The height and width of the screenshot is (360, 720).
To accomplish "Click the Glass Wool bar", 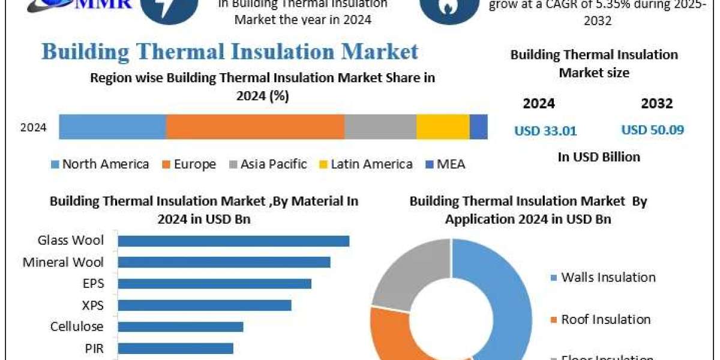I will coord(233,241).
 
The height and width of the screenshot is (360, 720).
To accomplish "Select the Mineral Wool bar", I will coord(224,262).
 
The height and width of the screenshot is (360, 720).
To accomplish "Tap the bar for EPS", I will coord(214,284).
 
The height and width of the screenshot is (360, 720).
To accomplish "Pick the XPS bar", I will coord(204,305).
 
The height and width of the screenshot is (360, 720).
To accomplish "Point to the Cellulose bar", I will coord(180,327).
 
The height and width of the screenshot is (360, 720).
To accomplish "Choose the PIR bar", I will coord(175,349).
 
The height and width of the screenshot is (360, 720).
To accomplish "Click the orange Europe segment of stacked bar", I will coord(255,127).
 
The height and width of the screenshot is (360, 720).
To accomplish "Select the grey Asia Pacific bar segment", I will coord(380,127).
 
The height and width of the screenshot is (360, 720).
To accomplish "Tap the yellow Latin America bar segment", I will coord(443,127).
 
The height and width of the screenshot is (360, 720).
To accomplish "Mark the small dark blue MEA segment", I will coord(478,127).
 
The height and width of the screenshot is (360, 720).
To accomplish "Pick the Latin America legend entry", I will coord(366,164).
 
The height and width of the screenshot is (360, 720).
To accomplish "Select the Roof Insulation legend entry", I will coord(600,320).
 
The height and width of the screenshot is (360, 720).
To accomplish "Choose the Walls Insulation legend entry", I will coord(602,277).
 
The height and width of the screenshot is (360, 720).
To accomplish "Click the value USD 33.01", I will coord(545,130).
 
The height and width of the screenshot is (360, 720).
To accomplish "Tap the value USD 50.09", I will coord(652,130).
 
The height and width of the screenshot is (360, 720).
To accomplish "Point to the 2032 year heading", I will coord(656,103).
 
